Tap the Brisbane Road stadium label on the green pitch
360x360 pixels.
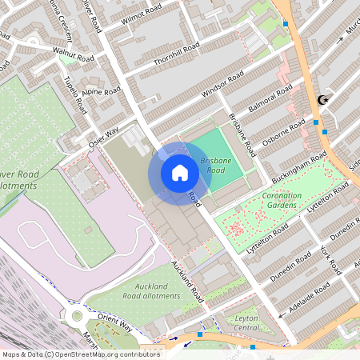tap(216, 166)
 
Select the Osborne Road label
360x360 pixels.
tap(285, 131)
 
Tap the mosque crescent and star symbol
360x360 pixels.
tap(324, 100)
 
